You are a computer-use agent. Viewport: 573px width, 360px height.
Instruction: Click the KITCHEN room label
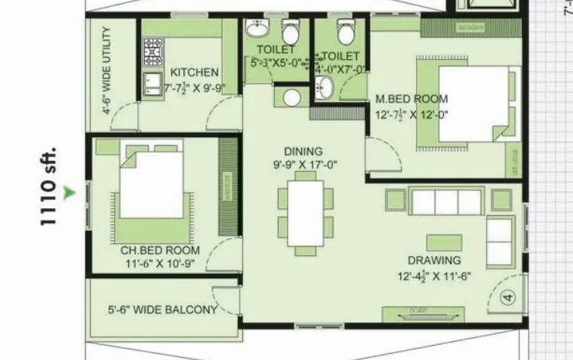194,72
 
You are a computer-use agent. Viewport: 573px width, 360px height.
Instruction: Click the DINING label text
303,151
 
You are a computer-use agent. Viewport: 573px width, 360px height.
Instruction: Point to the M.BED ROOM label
411,99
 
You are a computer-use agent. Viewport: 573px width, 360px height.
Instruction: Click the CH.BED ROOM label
160,250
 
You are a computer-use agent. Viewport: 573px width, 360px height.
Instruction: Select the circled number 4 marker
507,297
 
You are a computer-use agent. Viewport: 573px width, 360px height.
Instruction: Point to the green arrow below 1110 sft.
70,193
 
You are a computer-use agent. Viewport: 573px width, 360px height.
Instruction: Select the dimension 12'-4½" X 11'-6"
433,275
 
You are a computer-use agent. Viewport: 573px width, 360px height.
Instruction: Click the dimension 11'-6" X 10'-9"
160,263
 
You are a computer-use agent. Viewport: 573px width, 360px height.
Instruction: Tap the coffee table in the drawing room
444,242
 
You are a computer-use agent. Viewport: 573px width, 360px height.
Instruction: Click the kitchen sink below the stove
153,82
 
